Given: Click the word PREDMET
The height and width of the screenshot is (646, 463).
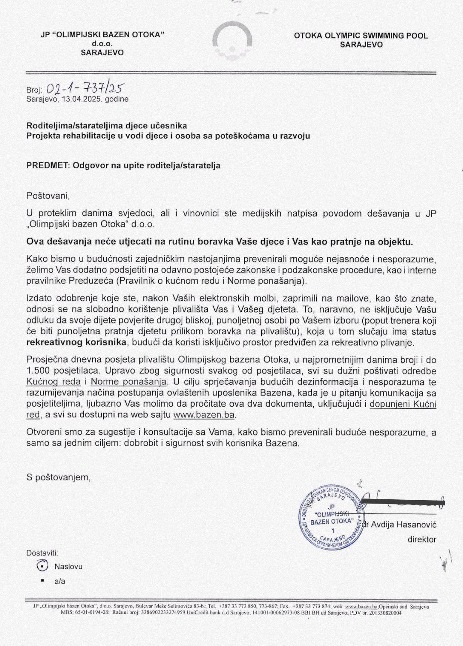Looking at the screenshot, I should point(48,165).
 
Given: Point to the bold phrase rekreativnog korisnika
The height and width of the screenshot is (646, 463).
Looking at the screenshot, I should point(77,342).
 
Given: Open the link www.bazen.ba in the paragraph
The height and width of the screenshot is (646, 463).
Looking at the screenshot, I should point(204,415).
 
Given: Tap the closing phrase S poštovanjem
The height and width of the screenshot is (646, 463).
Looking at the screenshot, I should point(58,477).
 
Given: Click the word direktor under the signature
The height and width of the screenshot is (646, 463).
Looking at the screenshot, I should point(421,540).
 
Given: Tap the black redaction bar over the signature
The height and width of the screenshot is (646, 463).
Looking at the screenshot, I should point(403,501).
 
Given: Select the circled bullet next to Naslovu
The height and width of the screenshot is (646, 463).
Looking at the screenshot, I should point(42,566).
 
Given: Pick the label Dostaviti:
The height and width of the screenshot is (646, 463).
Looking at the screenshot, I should point(42,553).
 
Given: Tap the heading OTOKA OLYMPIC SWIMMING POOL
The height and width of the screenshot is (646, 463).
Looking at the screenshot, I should point(361,36).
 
